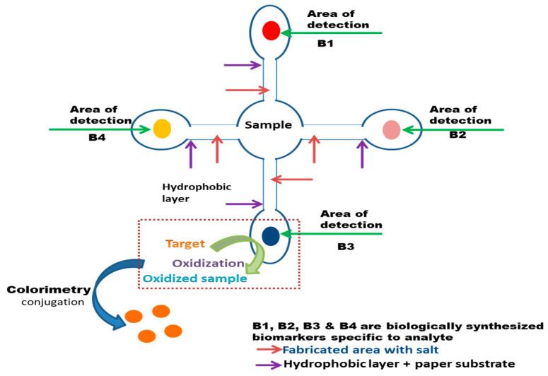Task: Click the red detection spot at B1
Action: (x=270, y=31)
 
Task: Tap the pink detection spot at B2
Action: (x=391, y=129)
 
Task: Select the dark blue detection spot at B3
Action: (x=270, y=235)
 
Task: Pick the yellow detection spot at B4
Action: (x=161, y=129)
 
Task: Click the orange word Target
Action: (x=185, y=245)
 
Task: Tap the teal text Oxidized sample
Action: (x=194, y=278)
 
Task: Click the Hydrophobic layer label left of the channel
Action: (x=187, y=192)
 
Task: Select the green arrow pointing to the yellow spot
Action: (x=99, y=129)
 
